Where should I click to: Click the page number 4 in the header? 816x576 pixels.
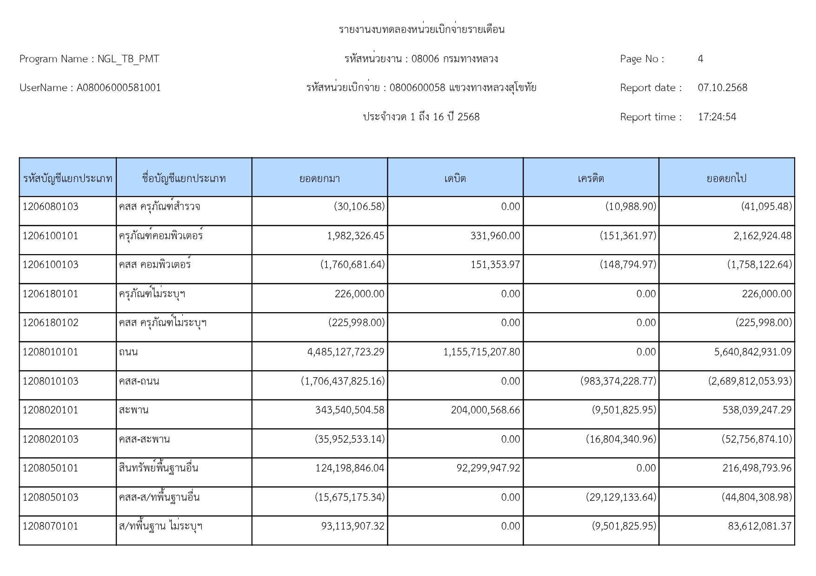700,59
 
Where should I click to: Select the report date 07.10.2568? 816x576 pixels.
722,88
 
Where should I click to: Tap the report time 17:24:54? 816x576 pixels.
716,117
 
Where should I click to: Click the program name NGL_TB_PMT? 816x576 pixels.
128,59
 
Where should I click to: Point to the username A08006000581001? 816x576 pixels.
119,88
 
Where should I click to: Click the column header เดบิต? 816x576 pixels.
455,178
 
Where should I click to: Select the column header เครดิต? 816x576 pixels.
590,178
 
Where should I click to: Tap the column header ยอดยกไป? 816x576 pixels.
726,178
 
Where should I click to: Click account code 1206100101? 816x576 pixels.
50,236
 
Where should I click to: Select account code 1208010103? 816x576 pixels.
50,381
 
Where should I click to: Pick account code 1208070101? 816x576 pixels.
50,526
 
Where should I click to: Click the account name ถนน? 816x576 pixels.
128,352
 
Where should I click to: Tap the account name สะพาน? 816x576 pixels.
133,410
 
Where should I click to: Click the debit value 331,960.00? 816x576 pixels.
495,236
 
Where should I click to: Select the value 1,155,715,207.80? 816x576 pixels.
482,352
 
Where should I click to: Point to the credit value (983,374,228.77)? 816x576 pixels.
618,381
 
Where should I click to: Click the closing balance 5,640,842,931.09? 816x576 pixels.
753,352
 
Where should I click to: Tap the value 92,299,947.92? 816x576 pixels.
488,468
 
